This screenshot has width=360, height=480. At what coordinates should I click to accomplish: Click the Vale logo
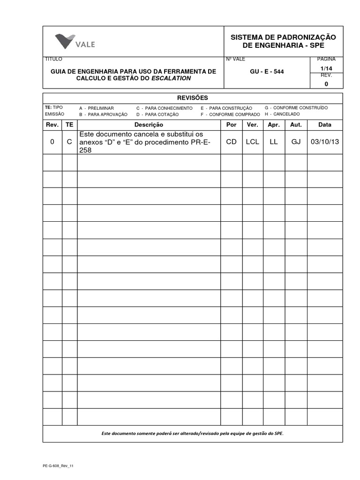(75, 41)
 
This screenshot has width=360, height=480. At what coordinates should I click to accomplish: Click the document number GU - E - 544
(267, 72)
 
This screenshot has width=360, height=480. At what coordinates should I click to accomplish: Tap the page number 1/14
(326, 68)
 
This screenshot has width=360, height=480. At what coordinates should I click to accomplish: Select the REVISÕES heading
(192, 97)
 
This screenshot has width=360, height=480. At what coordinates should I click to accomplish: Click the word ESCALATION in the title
(171, 78)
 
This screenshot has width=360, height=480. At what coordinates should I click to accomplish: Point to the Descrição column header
(149, 125)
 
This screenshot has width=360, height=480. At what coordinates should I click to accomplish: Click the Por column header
(231, 125)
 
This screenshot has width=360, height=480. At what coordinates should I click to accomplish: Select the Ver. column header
(252, 125)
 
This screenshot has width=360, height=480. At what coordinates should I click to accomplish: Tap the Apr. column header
(274, 125)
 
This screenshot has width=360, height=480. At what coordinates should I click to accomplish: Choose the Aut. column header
(296, 125)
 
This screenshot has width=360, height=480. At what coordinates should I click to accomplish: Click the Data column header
(324, 125)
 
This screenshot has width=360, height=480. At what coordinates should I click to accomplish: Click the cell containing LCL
(252, 142)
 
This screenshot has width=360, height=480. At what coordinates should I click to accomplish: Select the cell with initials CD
(231, 142)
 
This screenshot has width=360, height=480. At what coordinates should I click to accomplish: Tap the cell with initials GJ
(296, 142)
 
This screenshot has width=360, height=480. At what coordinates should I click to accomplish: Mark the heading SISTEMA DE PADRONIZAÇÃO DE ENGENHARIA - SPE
(283, 41)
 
